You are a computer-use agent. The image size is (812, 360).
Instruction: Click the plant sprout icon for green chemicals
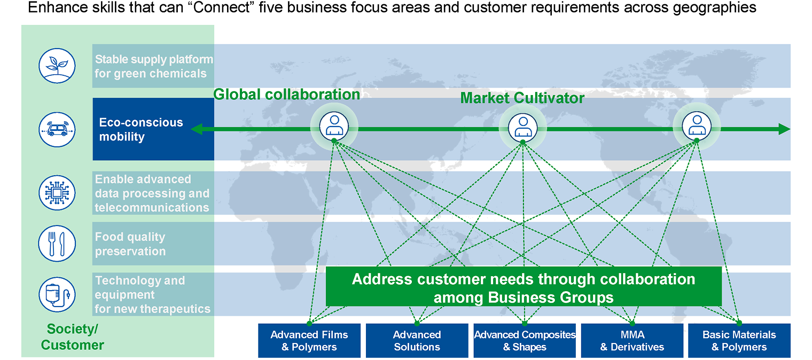57,65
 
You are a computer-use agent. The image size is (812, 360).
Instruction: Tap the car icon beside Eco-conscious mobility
57,129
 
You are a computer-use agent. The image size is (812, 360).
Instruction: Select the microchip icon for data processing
57,192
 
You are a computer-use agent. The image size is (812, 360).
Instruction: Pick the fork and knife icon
57,244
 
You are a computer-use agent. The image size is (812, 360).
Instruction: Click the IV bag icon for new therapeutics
57,294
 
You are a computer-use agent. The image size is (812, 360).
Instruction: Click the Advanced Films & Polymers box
309,341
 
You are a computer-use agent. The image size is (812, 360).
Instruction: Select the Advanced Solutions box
417,341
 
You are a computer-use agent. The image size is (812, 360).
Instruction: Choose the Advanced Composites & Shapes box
525,341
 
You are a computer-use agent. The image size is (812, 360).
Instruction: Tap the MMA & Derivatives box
632,341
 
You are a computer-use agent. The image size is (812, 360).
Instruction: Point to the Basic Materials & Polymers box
739,341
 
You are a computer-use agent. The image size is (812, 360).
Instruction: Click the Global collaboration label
286,95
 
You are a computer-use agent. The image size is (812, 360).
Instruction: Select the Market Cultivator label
522,98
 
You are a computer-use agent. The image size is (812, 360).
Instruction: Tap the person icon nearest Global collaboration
334,126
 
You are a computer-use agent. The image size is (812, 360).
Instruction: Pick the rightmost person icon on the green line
696,126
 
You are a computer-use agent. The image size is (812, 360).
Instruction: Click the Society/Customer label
73,337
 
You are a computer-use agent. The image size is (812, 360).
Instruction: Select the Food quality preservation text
130,244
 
